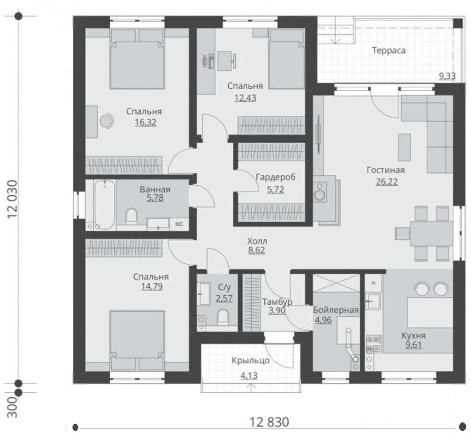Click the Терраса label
[389, 51]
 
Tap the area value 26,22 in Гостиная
[386, 182]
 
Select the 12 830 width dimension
[269, 422]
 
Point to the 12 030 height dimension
[12, 200]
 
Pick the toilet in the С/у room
[222, 317]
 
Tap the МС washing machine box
[179, 224]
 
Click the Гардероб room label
[275, 177]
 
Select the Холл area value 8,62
[257, 250]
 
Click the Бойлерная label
[336, 310]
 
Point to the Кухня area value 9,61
[414, 345]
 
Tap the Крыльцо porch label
[251, 360]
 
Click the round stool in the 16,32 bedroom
[107, 121]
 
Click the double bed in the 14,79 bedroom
[137, 340]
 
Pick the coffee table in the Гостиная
[404, 147]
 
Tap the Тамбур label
[277, 301]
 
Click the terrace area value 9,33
[447, 76]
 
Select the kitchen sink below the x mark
[374, 301]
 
